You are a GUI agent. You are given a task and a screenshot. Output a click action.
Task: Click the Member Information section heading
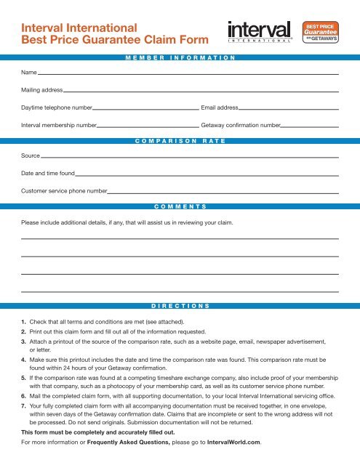pos(180,57)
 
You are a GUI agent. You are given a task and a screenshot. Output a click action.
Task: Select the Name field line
pos(189,73)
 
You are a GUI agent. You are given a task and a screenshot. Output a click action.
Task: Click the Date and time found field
pos(207,174)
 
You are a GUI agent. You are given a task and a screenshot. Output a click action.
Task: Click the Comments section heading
pos(180,206)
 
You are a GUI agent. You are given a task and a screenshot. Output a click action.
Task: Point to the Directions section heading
pos(180,307)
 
